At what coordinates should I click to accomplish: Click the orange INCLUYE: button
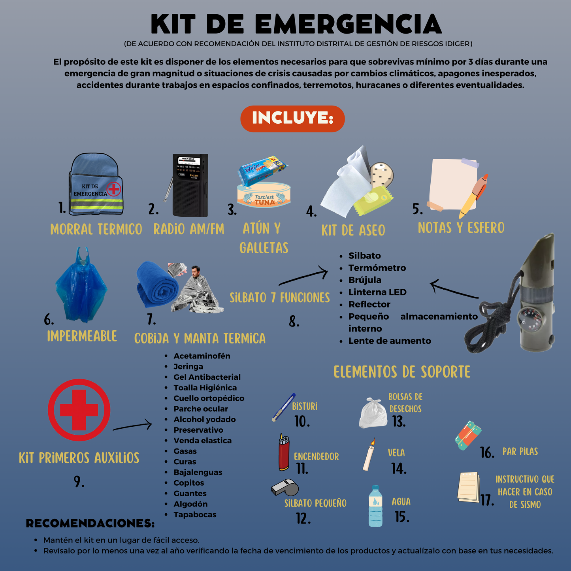point(292,119)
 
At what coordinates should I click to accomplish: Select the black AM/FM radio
point(190,186)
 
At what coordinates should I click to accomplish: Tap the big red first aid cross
point(79,410)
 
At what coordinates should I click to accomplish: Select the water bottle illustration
point(375,507)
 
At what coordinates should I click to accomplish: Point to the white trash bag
point(373,414)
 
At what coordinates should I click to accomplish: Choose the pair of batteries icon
point(468,435)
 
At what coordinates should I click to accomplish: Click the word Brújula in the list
point(365,280)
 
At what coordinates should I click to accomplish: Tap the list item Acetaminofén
point(202,356)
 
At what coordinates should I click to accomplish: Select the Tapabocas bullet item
point(195,514)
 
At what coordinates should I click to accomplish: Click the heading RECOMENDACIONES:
point(90,523)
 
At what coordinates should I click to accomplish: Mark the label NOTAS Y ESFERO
point(461,228)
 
